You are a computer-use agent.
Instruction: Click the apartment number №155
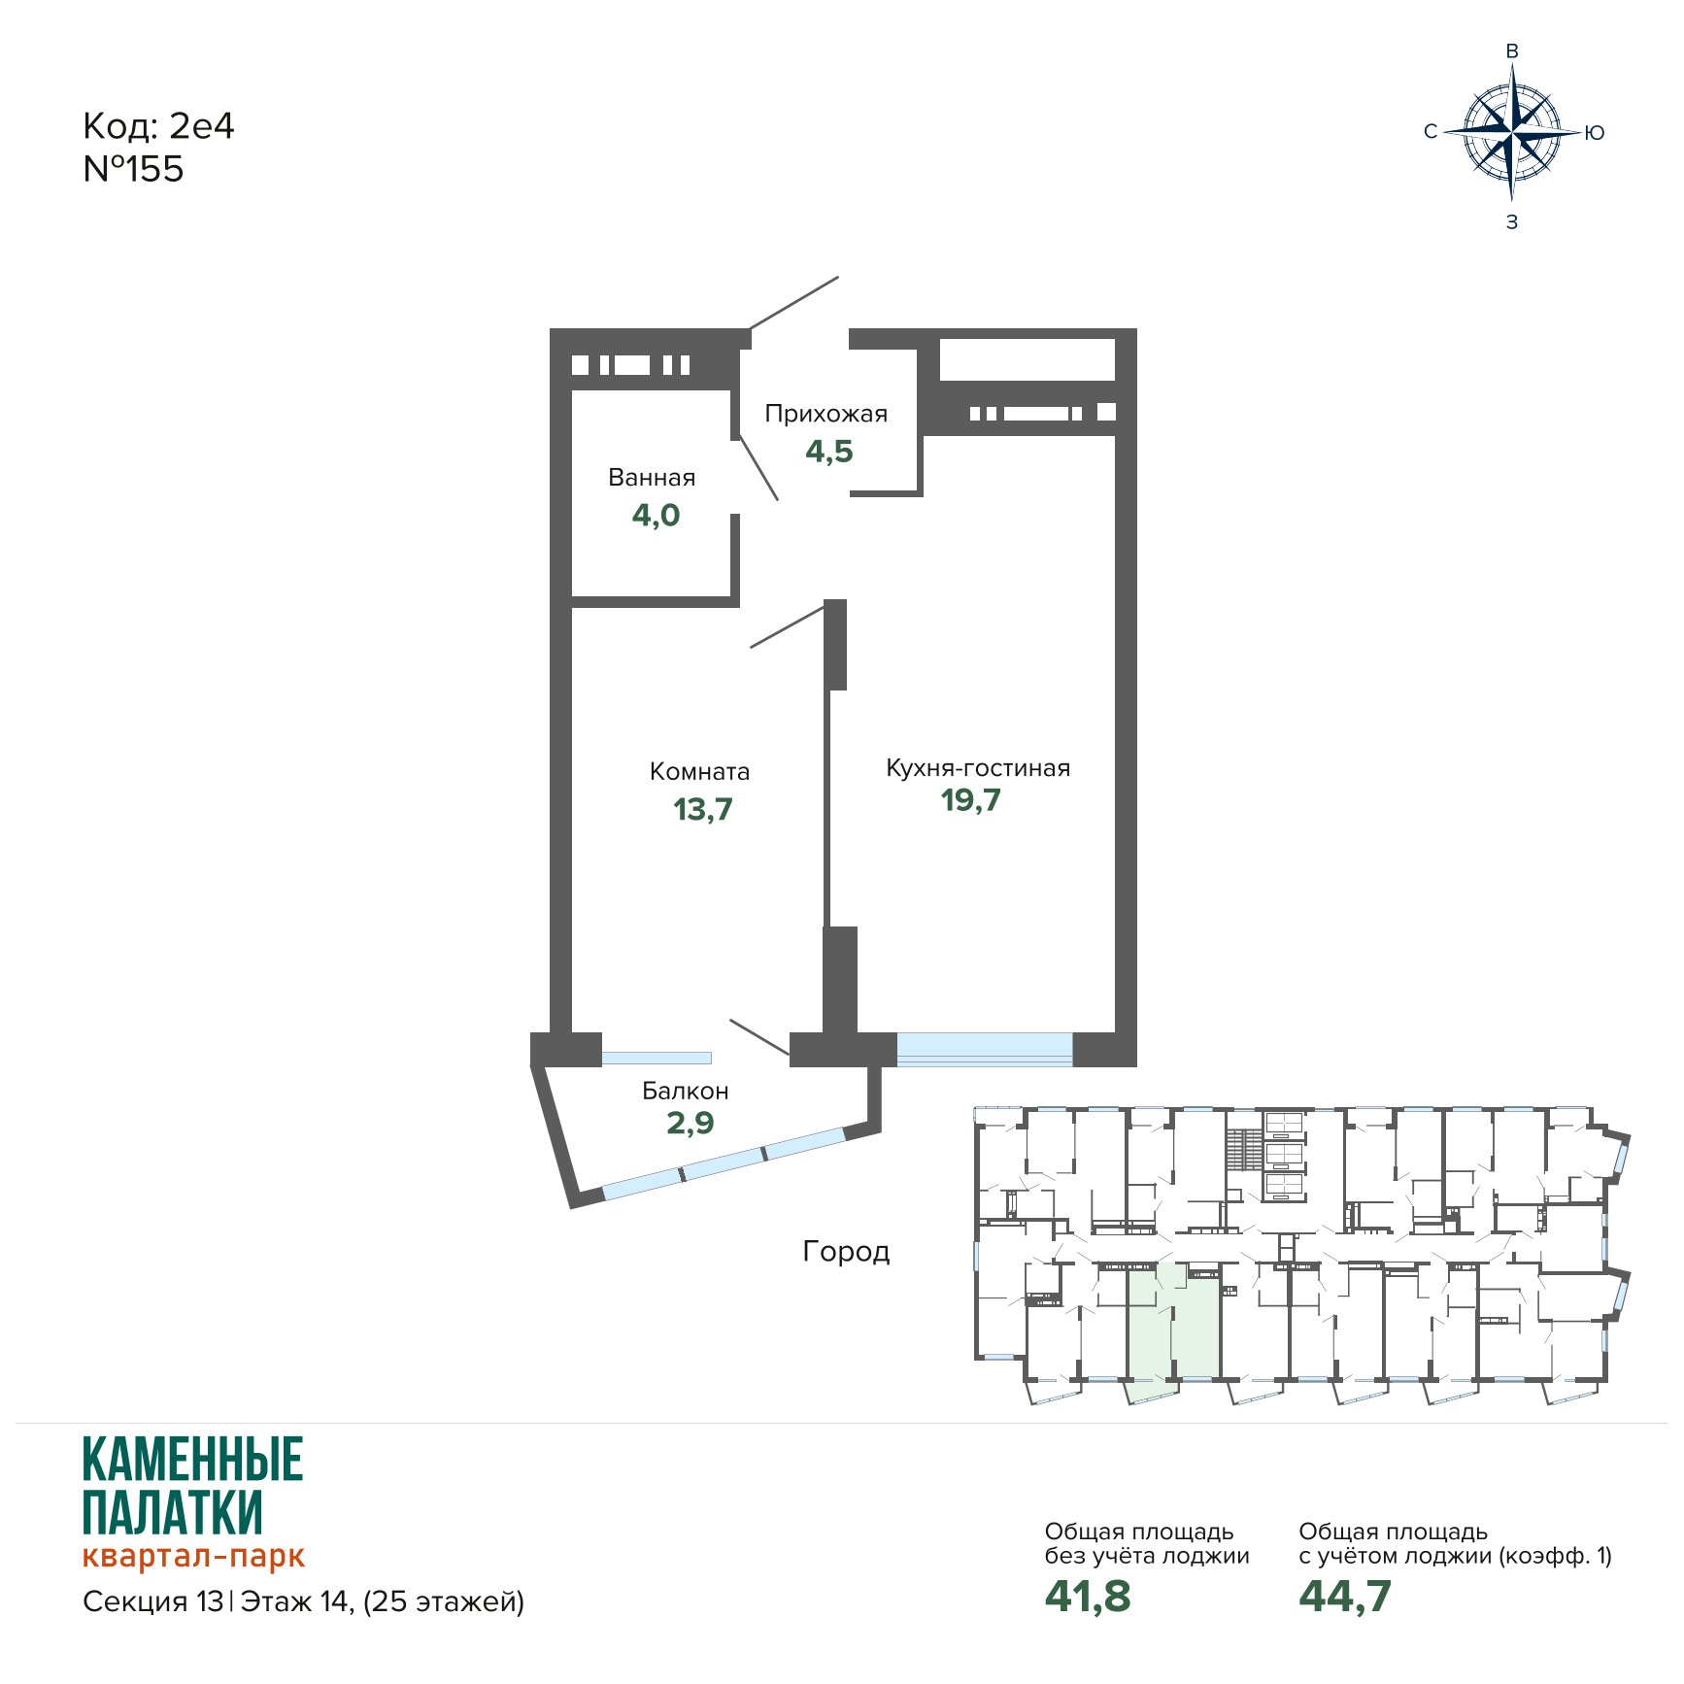click(x=133, y=169)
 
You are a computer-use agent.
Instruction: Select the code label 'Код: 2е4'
click(x=158, y=126)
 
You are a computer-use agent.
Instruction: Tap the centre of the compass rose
click(x=1512, y=132)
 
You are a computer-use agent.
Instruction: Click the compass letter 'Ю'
click(x=1595, y=133)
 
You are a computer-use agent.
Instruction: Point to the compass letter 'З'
click(x=1512, y=222)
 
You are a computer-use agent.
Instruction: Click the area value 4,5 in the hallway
click(x=829, y=452)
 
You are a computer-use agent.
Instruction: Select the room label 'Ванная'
click(x=652, y=478)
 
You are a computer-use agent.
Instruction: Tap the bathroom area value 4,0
click(x=657, y=515)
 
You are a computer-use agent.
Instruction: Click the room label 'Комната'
click(x=699, y=772)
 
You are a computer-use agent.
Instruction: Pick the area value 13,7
click(x=703, y=809)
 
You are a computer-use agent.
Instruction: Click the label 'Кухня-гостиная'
click(x=978, y=768)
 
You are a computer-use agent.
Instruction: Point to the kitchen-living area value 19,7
click(x=971, y=800)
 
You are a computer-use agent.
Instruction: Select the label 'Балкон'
click(x=686, y=1091)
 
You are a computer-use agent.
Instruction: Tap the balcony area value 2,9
click(x=690, y=1123)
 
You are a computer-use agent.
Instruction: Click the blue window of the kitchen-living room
click(x=985, y=1049)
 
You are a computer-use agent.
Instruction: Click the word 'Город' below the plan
click(x=846, y=1252)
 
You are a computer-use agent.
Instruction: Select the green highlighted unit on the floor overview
click(x=1173, y=1323)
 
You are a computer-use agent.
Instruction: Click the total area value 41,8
click(x=1088, y=1597)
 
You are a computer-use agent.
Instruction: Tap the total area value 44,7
click(x=1345, y=1597)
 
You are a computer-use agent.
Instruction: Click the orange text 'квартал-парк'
click(x=194, y=1556)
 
